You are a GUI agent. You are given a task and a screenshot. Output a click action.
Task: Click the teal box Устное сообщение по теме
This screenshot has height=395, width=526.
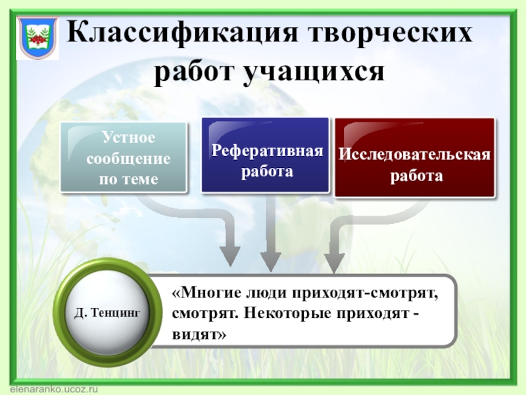[x=124, y=158]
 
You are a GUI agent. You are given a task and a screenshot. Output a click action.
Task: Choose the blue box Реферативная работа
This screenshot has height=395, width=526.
[x=265, y=155]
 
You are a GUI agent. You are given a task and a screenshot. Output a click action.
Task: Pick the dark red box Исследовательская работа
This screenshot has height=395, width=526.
[x=414, y=158]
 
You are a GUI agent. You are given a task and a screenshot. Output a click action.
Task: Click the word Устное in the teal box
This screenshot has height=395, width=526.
[x=128, y=138]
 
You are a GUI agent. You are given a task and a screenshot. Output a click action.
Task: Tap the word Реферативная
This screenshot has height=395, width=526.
[x=268, y=151]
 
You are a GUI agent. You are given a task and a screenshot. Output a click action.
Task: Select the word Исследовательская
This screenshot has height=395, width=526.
[x=415, y=155]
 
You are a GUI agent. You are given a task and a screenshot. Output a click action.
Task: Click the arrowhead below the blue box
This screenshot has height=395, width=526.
[x=269, y=260]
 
